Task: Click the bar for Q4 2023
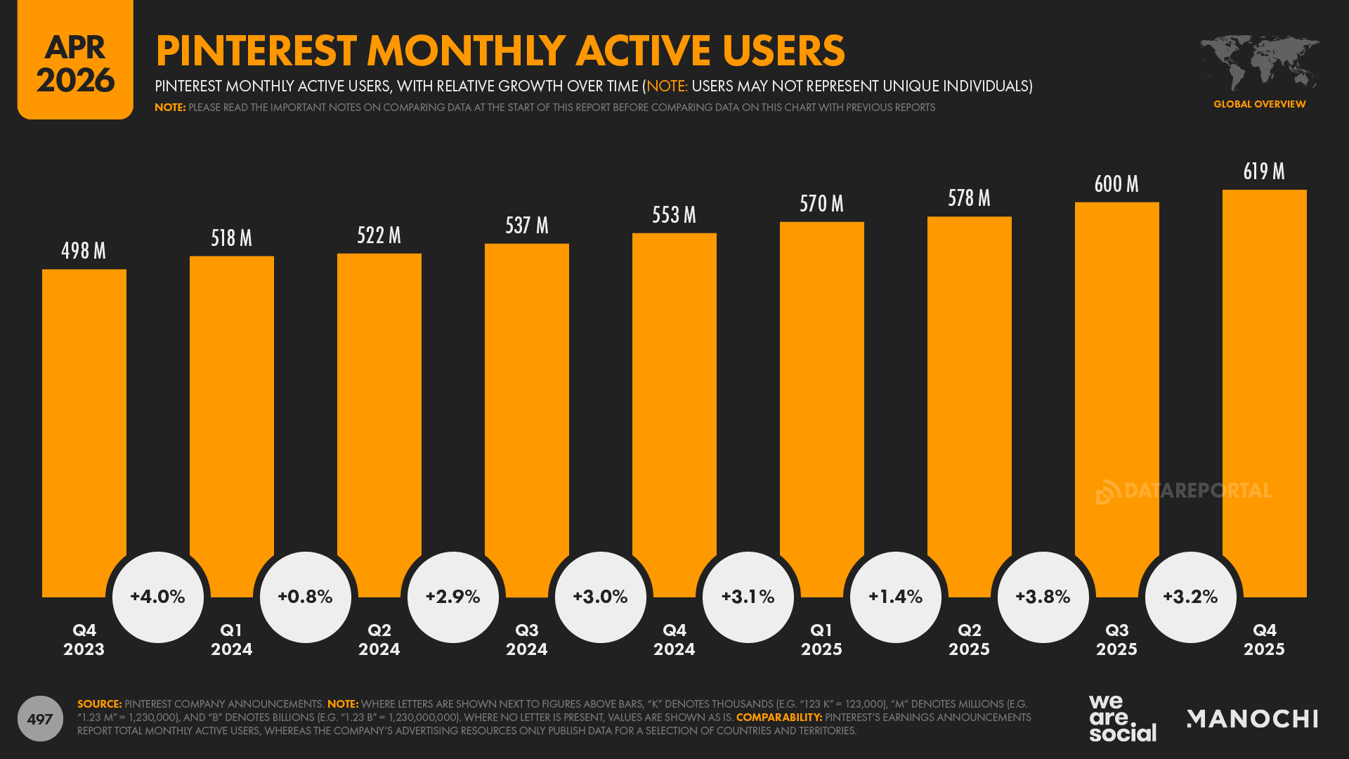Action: pyautogui.click(x=84, y=422)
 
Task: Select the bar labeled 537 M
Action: pyautogui.click(x=527, y=408)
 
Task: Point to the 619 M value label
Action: pyautogui.click(x=1264, y=171)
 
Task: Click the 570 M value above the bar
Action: pyautogui.click(x=821, y=204)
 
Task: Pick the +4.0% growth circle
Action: pyautogui.click(x=158, y=597)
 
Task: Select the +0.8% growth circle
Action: pyautogui.click(x=306, y=597)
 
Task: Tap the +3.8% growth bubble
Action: pyautogui.click(x=1043, y=597)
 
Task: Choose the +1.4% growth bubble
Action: pyautogui.click(x=896, y=597)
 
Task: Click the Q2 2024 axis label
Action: pyautogui.click(x=379, y=640)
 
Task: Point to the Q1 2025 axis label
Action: pyautogui.click(x=821, y=640)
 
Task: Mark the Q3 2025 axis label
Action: pyautogui.click(x=1116, y=640)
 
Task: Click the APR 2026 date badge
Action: pyautogui.click(x=75, y=62)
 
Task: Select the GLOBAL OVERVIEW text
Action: pyautogui.click(x=1259, y=104)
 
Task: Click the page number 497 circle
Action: pyautogui.click(x=40, y=718)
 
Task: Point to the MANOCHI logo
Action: pyautogui.click(x=1252, y=718)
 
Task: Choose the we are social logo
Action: pyautogui.click(x=1122, y=718)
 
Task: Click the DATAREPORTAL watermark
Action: pyautogui.click(x=1184, y=491)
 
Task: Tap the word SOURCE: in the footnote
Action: pyautogui.click(x=99, y=703)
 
